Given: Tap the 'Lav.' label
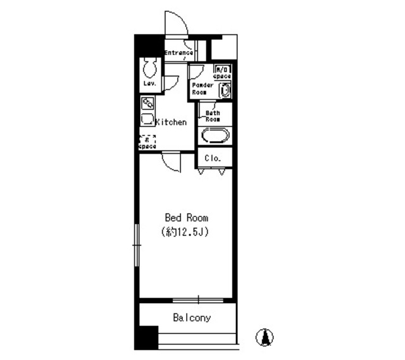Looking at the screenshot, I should (x=149, y=83).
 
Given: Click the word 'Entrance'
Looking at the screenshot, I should (x=178, y=53).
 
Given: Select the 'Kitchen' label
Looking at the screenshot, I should (x=171, y=121).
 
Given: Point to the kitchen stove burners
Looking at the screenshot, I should (x=147, y=103).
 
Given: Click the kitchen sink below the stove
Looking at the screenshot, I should (x=147, y=118).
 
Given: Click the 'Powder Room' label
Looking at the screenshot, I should (x=202, y=87).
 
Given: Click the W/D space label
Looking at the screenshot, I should (x=221, y=72).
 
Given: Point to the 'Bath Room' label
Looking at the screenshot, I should (x=212, y=116).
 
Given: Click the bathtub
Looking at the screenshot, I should (x=215, y=136).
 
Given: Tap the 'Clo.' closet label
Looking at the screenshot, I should (x=213, y=158).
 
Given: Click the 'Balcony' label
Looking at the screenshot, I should (x=192, y=318).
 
